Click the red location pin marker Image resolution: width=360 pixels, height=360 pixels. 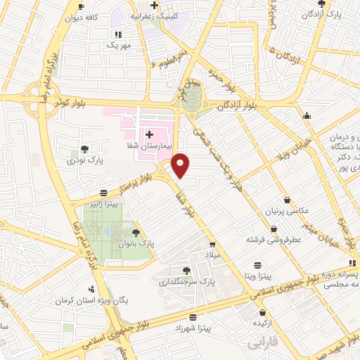click(x=181, y=166)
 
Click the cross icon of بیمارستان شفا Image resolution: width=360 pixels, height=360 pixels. click(x=149, y=134)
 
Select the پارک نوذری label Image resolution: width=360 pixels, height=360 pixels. click(x=85, y=161)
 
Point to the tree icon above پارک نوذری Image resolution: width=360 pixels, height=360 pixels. click(x=85, y=149)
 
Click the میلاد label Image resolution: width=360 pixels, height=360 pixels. click(x=211, y=253)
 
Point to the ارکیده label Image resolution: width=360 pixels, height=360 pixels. click(x=263, y=323)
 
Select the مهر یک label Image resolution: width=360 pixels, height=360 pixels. click(x=119, y=45)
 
